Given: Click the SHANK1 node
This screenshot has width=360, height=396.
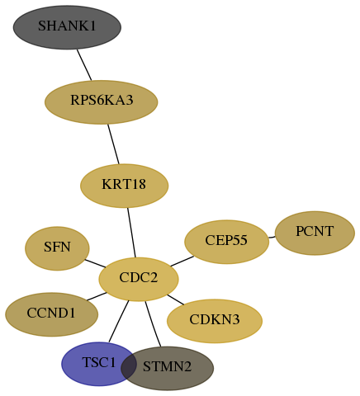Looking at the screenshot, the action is point(67,27).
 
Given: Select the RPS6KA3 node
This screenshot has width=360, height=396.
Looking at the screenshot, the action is point(102,102).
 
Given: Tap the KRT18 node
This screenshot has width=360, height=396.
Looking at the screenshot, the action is point(125,186).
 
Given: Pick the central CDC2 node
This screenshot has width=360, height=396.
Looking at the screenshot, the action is point(139,279).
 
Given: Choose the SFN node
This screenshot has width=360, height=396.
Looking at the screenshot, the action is point(57,248).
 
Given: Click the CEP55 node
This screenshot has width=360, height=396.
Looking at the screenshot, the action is point(227,242).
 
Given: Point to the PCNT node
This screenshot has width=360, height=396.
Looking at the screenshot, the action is point(315,233).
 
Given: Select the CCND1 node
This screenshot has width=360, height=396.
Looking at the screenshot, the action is point(52,314).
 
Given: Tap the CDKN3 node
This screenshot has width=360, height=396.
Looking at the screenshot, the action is point(215,321).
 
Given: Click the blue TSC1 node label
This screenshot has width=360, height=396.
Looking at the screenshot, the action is point(99,362).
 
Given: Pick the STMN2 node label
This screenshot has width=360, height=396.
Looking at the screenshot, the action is point(167,366).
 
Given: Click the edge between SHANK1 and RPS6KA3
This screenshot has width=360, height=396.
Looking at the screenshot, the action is point(84,65).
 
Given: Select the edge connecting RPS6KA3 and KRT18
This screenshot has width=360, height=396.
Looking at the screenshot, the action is point(113,144).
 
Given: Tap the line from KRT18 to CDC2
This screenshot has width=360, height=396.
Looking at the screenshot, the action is point(131,233).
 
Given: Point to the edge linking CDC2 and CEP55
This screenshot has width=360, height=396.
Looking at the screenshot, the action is point(182,262).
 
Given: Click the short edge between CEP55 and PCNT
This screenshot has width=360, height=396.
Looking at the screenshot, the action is point(272,237).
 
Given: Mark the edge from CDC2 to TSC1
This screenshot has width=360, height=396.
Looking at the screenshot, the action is point(119,322).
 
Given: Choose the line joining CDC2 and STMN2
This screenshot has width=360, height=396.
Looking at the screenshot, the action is point(153,324).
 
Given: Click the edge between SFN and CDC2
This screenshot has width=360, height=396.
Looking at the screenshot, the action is point(95,263).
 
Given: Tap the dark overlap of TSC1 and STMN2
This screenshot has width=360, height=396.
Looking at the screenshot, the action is point(129,366).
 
